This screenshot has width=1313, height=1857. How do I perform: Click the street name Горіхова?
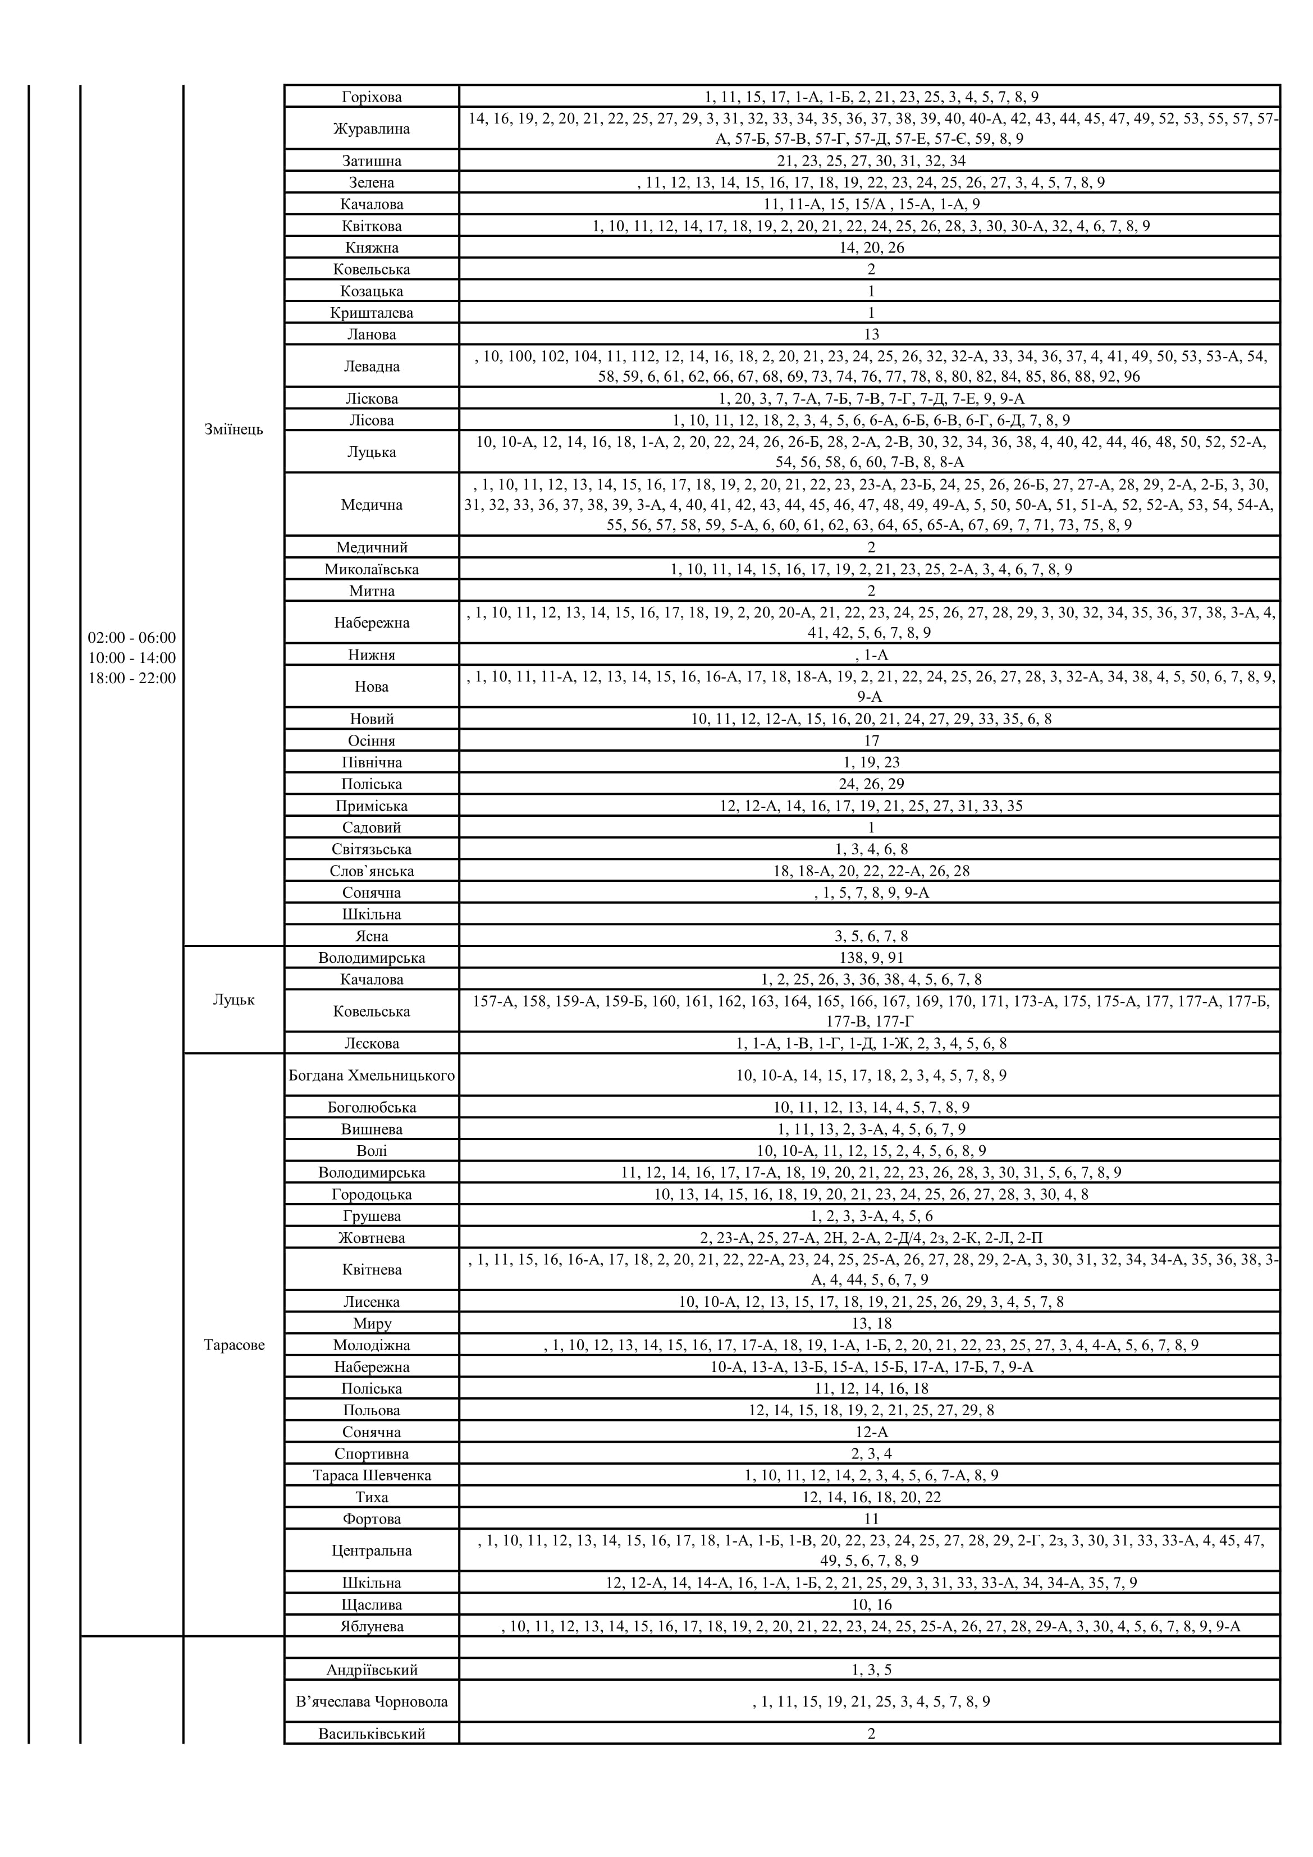371,97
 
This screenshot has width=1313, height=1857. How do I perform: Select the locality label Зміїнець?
234,429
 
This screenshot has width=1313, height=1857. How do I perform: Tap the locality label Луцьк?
234,1000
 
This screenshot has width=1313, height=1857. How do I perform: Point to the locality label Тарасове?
234,1345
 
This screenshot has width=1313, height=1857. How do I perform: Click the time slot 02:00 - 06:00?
132,638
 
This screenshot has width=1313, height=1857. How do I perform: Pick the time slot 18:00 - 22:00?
132,679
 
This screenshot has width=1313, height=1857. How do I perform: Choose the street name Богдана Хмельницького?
371,1076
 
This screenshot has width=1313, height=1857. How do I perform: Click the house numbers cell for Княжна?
871,248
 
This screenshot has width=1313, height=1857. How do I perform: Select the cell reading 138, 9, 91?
871,958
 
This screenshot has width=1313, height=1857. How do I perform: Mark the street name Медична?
371,505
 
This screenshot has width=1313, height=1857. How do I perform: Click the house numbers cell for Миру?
871,1323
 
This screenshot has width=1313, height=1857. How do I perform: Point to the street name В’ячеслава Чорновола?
371,1702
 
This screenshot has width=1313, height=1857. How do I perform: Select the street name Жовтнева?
371,1237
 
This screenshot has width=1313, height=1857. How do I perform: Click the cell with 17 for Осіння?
871,741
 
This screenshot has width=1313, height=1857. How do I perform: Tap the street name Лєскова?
371,1044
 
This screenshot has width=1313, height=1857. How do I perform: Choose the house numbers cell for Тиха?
871,1497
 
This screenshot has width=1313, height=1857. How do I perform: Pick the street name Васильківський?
371,1734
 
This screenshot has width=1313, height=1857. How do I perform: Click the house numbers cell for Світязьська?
871,849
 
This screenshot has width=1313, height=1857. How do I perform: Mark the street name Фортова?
371,1519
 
